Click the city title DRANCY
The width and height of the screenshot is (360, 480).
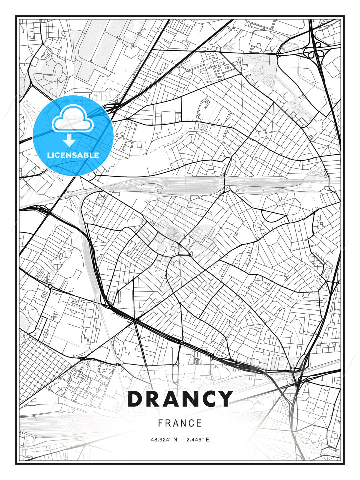[180, 399]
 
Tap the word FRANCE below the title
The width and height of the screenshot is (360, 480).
[180, 423]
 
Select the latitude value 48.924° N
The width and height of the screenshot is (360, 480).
[164, 440]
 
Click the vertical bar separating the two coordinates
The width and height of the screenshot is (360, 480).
[181, 440]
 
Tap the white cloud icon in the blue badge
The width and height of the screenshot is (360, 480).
[73, 119]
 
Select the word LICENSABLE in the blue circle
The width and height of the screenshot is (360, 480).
[73, 155]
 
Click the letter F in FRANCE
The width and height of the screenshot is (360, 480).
[160, 423]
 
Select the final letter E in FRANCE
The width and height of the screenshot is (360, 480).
[200, 423]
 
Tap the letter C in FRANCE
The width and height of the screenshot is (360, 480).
[192, 423]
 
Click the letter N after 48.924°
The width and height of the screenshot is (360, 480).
[175, 440]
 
